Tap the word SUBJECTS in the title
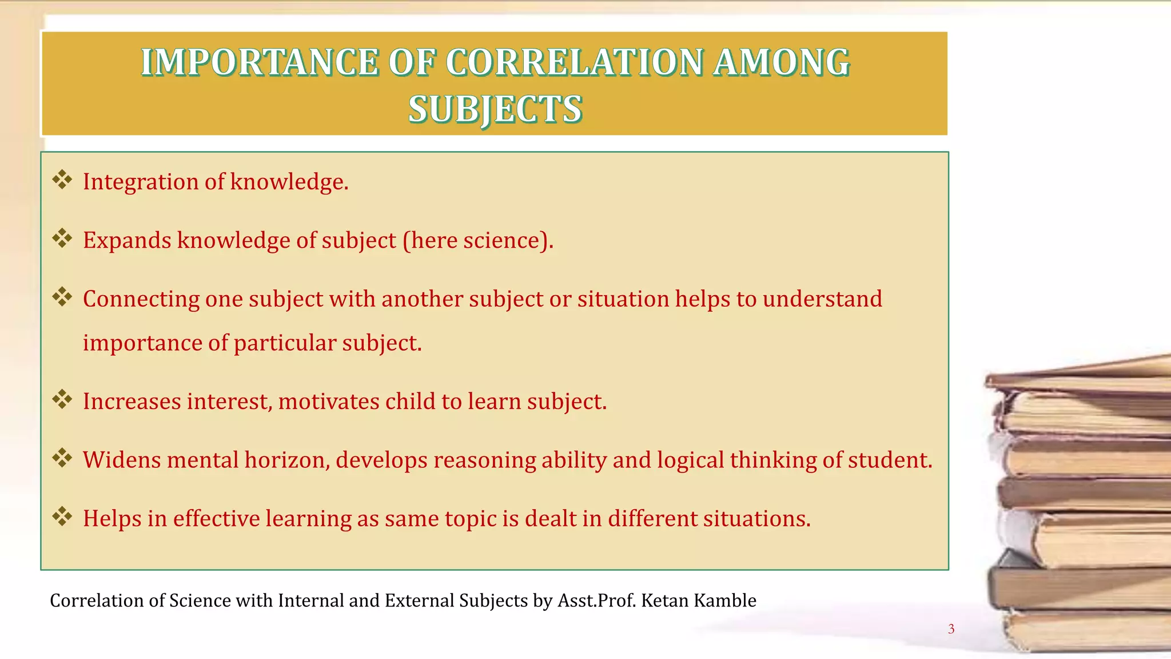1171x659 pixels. [x=495, y=109]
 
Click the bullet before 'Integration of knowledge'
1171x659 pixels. [x=62, y=180]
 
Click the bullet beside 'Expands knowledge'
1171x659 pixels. [x=62, y=239]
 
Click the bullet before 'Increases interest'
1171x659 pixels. [x=62, y=400]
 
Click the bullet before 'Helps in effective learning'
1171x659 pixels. [x=62, y=517]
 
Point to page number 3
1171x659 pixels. [x=951, y=629]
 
